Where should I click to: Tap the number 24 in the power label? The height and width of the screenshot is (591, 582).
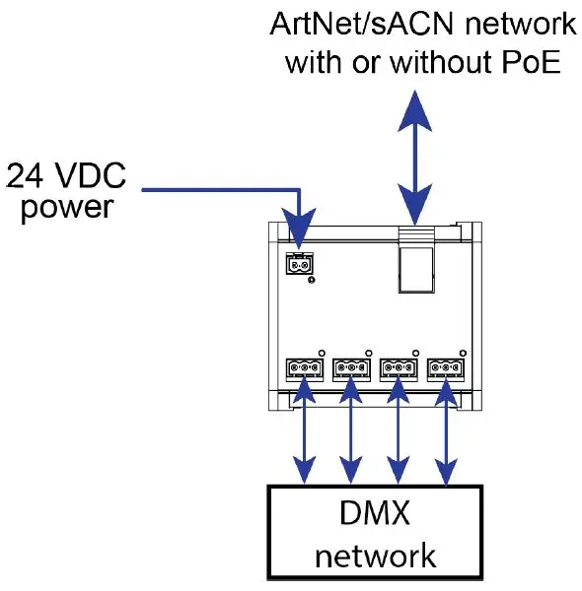(x=27, y=176)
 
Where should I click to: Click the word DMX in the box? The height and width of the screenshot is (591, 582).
(x=375, y=513)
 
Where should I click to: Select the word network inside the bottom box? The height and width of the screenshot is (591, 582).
(x=375, y=555)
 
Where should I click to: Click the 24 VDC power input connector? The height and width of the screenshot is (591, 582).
(x=300, y=264)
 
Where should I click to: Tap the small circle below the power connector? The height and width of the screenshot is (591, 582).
(x=312, y=281)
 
